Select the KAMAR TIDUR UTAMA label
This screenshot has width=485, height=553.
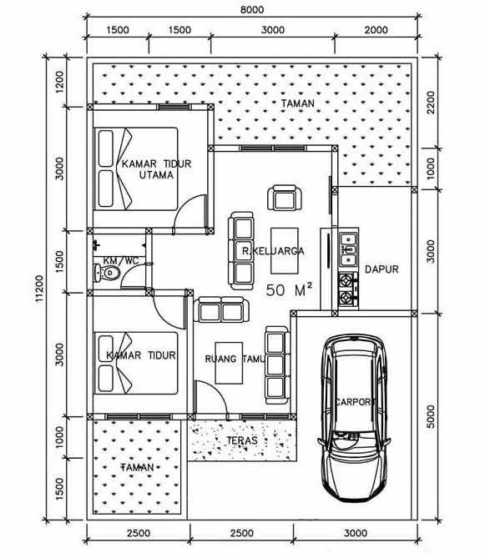156,169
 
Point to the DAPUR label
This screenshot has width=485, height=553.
381,269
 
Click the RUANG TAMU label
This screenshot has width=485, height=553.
234,359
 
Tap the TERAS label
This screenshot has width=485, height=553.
242,440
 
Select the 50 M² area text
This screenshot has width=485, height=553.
289,290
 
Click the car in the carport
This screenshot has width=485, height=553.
357,413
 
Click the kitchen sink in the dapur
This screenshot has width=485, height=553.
348,244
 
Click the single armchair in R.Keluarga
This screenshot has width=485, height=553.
283,199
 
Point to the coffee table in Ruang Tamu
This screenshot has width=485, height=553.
230,361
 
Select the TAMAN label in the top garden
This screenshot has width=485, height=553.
297,103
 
